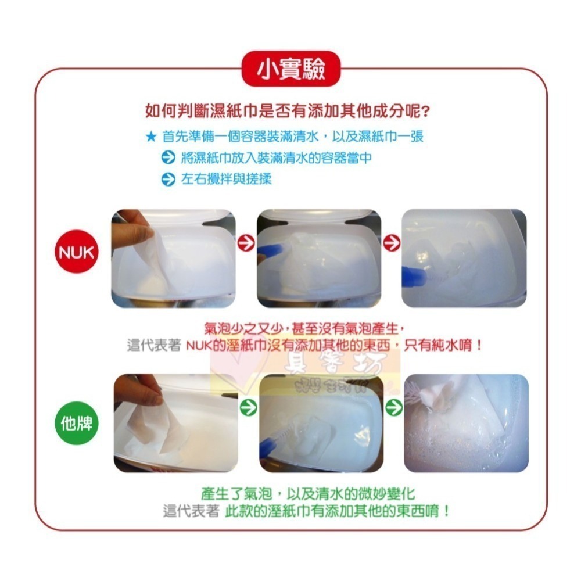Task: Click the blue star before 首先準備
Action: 150,137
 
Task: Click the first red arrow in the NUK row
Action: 246,243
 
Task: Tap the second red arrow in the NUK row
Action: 392,243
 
